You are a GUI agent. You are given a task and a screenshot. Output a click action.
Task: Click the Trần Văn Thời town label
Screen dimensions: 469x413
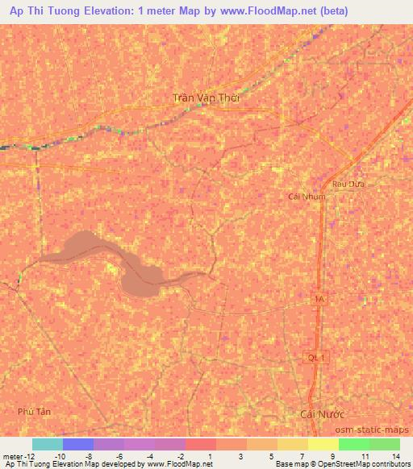coord(207,98)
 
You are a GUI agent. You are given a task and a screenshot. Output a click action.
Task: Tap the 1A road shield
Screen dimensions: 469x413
coord(320,299)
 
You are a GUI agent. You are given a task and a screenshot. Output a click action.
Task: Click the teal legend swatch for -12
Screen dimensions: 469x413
coord(48,444)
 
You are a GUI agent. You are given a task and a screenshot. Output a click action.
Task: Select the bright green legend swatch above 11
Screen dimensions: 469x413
coord(354,444)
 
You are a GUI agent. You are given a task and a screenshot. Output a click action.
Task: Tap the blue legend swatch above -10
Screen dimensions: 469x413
coord(78,444)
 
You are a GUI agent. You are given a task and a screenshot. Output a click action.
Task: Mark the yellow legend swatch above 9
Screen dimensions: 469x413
coord(323,444)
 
